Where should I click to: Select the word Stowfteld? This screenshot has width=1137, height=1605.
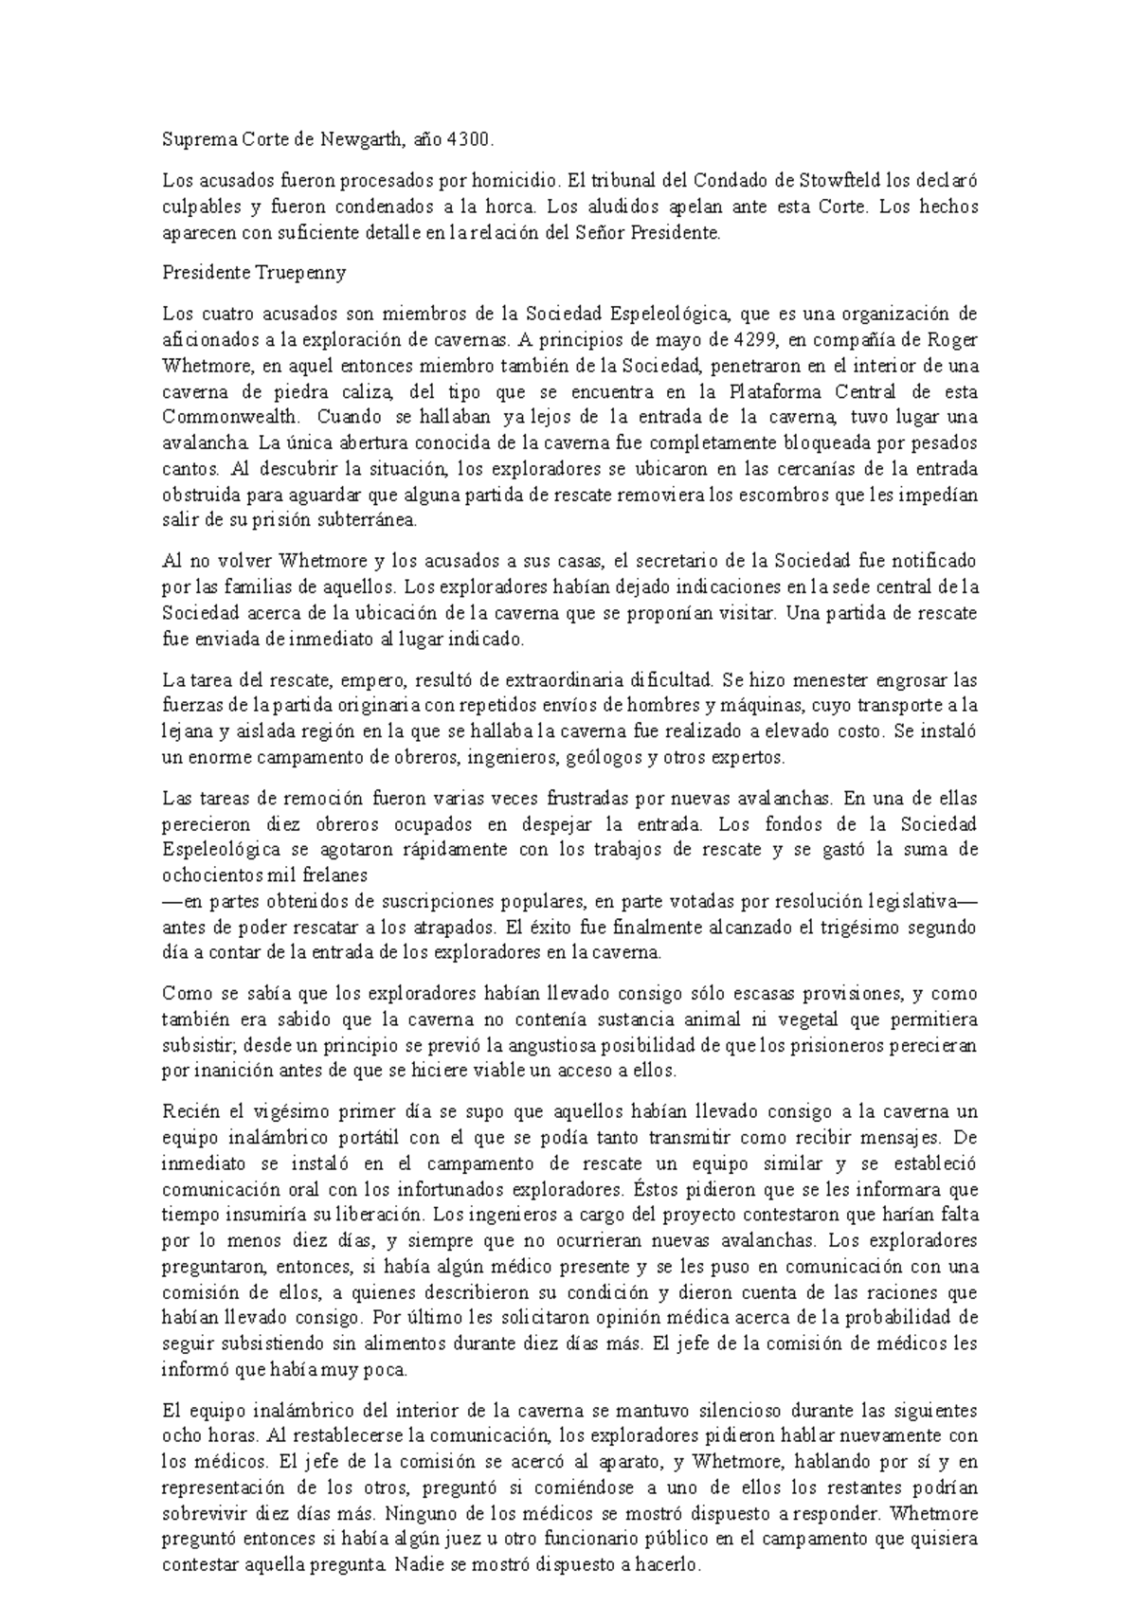[x=846, y=181]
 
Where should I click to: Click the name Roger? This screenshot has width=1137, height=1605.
[x=951, y=340]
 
